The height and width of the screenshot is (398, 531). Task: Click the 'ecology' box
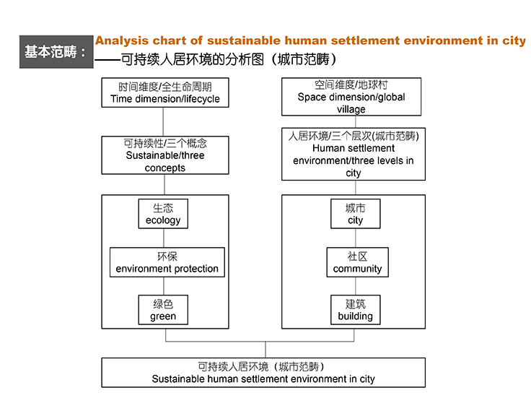click(x=163, y=214)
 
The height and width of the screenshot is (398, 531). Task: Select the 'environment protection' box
click(x=167, y=262)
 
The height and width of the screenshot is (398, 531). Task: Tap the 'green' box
click(x=163, y=310)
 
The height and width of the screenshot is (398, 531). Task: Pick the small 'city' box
click(x=355, y=214)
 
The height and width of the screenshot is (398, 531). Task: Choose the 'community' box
click(x=357, y=262)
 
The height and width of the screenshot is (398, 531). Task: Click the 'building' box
click(x=355, y=310)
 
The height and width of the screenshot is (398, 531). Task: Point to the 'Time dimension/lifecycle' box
click(x=165, y=92)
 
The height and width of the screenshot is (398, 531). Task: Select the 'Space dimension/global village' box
click(x=351, y=97)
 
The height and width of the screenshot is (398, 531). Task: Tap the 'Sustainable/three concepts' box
click(x=165, y=155)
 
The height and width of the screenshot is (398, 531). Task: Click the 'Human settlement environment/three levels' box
click(x=354, y=154)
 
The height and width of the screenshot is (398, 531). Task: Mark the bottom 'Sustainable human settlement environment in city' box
click(x=263, y=373)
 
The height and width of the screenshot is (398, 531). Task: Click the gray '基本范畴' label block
click(x=56, y=52)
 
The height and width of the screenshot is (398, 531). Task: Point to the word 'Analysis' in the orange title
click(x=122, y=40)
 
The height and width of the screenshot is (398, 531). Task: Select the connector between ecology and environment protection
click(x=164, y=238)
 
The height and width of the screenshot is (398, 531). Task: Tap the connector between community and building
click(x=356, y=286)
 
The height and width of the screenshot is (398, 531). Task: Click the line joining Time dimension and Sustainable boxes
click(x=163, y=122)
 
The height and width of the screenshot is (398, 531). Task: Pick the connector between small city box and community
click(x=356, y=238)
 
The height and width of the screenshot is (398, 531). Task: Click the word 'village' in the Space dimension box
click(x=351, y=109)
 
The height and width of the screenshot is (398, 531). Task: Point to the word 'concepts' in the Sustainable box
click(x=165, y=168)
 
